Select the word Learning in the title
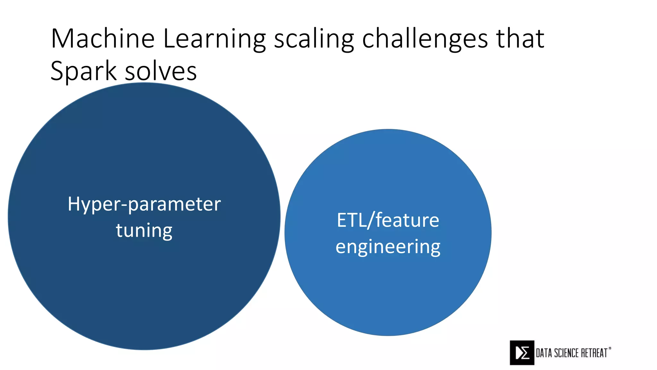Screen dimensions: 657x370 point(214,39)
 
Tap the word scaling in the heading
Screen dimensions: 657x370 point(314,39)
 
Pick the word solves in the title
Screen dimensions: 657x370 point(161,71)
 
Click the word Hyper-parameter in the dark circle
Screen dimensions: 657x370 point(144,204)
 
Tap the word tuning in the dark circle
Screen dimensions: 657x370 point(144,231)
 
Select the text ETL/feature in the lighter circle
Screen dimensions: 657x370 point(388,220)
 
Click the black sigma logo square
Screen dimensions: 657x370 point(522,353)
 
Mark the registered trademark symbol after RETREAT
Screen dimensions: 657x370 point(610,348)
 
